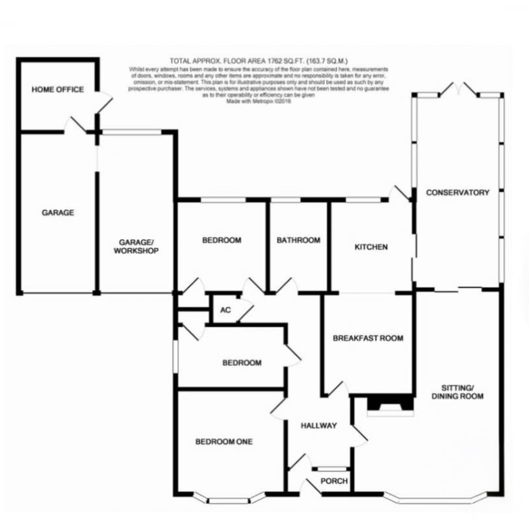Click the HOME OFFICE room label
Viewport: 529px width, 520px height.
58,90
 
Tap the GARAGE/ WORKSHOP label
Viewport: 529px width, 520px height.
136,246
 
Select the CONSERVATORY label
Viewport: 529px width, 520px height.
458,192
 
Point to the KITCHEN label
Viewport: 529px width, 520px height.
371,247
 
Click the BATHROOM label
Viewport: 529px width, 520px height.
298,240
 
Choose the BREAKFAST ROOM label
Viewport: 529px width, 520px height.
368,338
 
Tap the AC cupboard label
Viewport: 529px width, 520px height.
226,310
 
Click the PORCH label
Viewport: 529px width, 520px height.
334,481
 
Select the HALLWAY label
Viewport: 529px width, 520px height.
319,426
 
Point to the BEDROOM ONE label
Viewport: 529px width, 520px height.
224,441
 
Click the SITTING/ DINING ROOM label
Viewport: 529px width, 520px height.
458,392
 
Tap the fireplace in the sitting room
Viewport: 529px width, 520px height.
390,405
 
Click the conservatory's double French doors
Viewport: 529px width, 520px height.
458,90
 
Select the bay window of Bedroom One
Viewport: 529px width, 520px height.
229,499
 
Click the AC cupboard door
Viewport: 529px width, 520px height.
246,312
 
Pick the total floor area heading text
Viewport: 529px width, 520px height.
259,61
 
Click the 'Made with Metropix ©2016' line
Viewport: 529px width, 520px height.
259,101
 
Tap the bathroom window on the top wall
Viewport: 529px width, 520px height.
285,200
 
